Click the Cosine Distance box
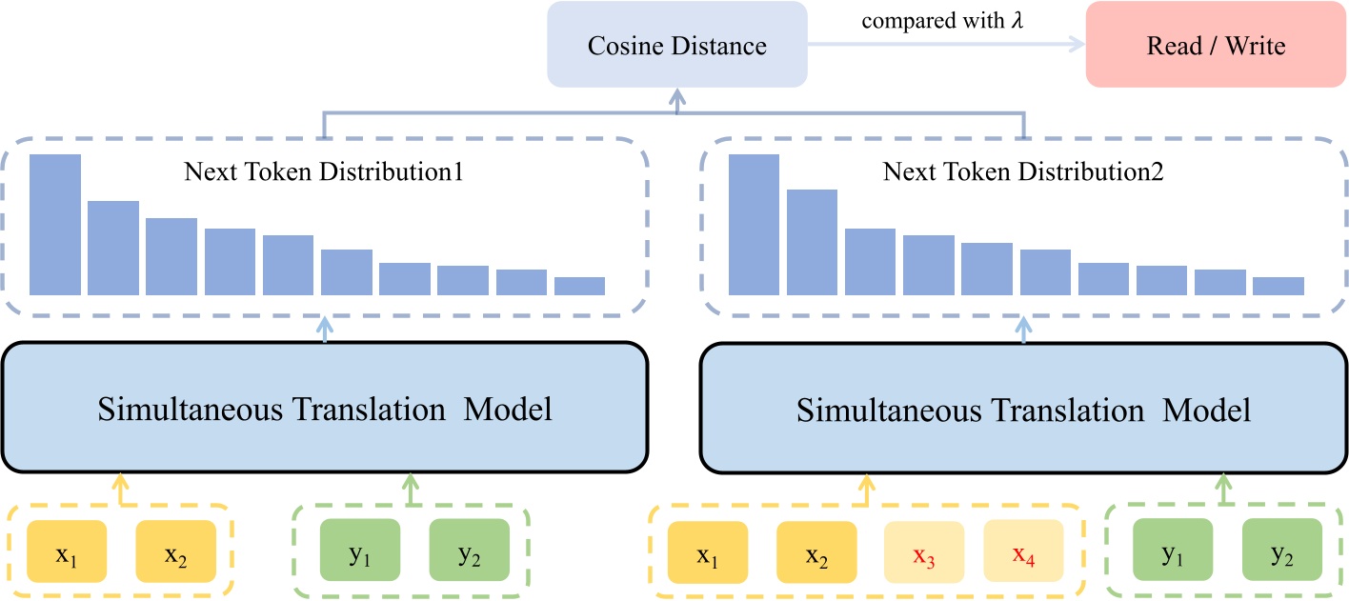coord(676,46)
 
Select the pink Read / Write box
coord(1216,46)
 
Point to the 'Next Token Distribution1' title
coord(323,172)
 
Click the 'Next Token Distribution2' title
coord(1023,172)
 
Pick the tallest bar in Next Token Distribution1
coord(55,225)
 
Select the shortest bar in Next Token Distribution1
coord(579,286)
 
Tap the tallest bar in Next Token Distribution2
coord(754,225)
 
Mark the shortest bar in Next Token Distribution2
coord(1278,286)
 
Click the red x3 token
coord(923,556)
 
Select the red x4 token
coord(1024,556)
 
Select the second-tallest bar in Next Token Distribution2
coord(812,242)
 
